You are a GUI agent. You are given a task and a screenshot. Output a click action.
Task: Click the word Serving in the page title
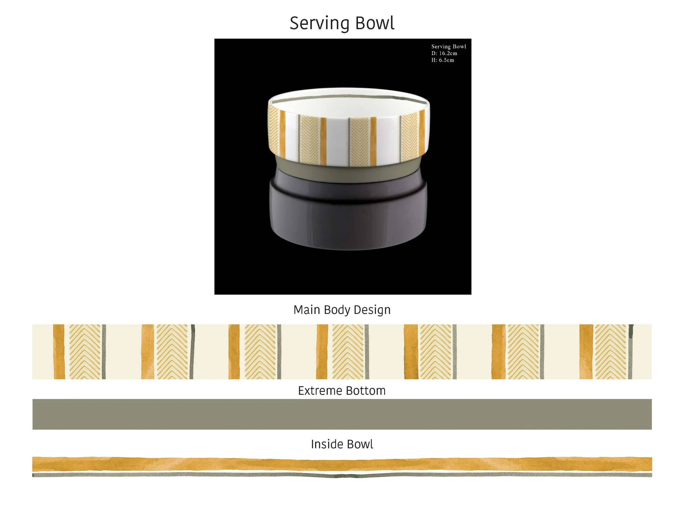(319, 24)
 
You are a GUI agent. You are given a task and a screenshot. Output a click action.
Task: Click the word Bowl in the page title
(375, 24)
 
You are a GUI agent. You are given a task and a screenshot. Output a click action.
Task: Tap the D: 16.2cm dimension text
(444, 53)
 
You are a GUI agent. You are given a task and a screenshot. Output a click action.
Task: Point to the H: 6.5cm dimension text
(442, 60)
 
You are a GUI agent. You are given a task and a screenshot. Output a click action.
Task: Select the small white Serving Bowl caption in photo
(448, 47)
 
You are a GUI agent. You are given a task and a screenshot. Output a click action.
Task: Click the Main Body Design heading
(342, 309)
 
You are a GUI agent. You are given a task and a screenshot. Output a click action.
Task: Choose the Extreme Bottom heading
(342, 390)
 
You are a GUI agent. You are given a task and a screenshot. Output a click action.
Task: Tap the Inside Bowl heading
(342, 444)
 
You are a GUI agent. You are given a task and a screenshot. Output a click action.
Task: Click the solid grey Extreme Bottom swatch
(342, 414)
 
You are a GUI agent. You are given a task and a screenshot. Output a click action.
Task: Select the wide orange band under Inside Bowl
(342, 464)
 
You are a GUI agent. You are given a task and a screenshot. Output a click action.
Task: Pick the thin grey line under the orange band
(342, 475)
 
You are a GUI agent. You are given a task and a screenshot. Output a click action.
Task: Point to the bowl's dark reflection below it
(349, 216)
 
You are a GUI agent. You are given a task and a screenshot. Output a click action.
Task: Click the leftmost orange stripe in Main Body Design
(59, 352)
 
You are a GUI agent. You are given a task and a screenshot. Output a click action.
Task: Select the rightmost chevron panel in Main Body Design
(610, 352)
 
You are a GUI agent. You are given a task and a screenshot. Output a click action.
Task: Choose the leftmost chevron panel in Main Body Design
(85, 352)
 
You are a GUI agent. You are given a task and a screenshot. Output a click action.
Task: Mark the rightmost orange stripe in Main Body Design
(586, 352)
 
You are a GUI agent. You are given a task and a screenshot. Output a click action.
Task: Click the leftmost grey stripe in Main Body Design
(104, 352)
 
